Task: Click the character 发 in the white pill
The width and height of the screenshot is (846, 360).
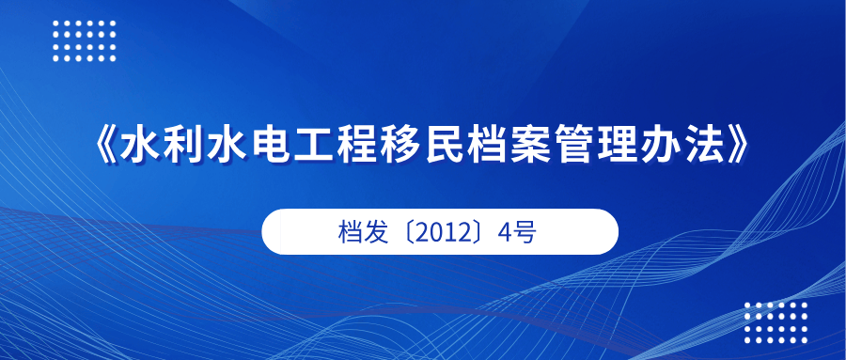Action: click(x=377, y=232)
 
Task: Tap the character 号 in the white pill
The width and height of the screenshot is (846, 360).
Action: click(x=525, y=232)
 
